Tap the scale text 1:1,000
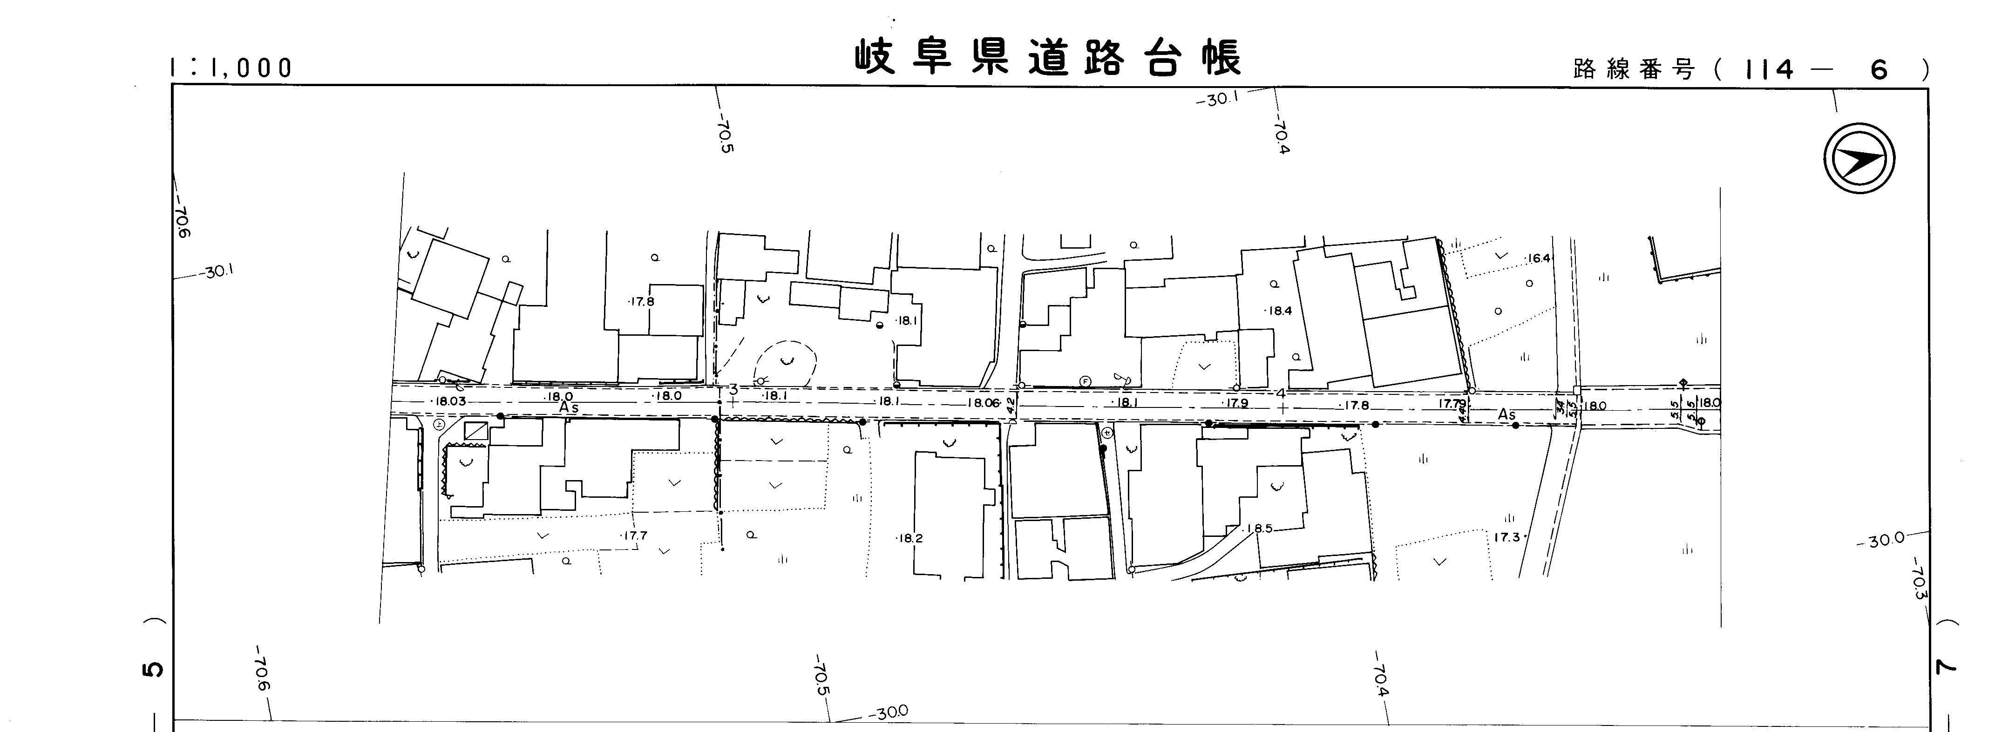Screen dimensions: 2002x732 231,68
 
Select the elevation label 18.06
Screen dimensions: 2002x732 983,402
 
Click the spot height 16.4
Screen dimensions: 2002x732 1538,258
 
